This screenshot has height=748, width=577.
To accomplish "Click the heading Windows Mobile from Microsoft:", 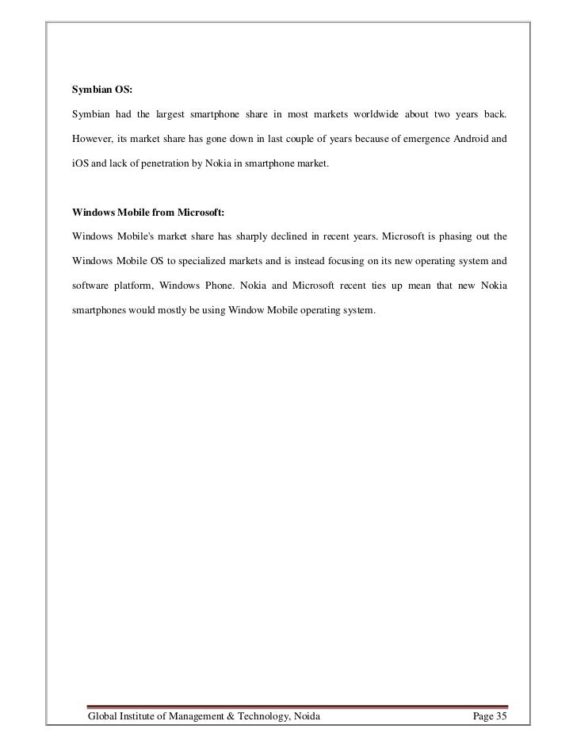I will coord(148,212).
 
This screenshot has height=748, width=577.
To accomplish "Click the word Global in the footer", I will coord(106,719).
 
